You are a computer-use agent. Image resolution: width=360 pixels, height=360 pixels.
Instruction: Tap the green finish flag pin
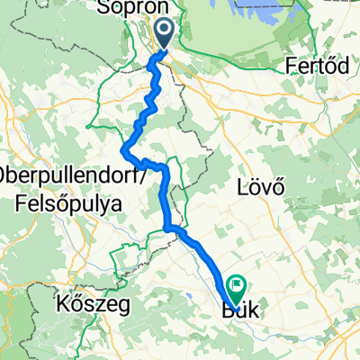238,288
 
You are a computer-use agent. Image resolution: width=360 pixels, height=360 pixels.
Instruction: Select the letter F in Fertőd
287,66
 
